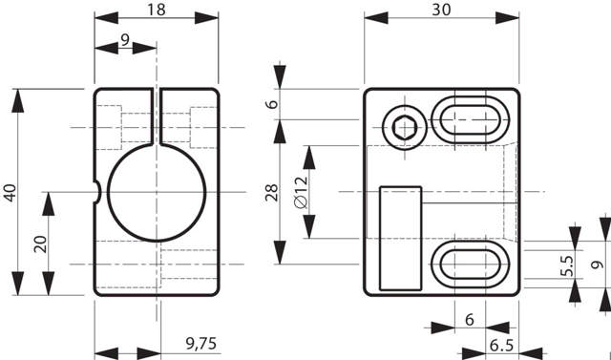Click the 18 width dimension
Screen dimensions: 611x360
157,10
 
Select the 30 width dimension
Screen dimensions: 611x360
441,10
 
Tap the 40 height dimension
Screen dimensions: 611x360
11,193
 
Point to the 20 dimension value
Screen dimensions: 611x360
40,244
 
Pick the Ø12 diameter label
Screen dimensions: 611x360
302,192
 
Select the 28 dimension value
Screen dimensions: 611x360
272,193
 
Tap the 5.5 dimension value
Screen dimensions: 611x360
567,265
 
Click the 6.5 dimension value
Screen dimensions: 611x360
501,345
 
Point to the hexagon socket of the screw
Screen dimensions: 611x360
405,128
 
